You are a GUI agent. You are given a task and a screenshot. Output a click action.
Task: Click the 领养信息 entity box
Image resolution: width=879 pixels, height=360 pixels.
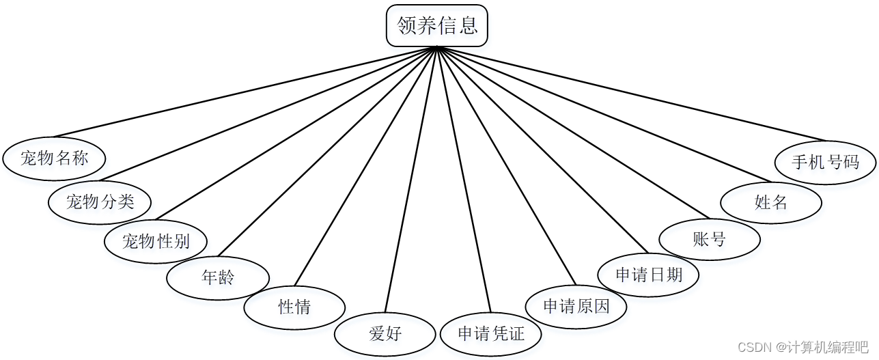(437, 26)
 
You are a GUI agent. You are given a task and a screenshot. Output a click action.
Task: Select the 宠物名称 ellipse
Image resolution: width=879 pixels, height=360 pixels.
(55, 159)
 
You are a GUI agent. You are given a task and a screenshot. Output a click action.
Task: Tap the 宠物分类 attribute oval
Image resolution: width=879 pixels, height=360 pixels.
(100, 201)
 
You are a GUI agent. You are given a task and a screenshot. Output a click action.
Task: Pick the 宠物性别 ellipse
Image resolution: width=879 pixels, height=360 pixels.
(156, 240)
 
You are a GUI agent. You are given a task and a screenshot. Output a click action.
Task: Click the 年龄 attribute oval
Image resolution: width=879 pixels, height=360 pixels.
(218, 277)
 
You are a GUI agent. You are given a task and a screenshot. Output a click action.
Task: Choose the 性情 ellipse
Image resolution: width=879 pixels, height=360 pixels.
(294, 307)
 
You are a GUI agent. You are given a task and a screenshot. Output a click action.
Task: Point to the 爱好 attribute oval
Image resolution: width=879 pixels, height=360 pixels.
(385, 334)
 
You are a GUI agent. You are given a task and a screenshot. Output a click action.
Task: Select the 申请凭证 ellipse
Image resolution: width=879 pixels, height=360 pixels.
(491, 334)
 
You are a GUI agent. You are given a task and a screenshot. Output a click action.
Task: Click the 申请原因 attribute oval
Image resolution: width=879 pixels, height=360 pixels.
(576, 306)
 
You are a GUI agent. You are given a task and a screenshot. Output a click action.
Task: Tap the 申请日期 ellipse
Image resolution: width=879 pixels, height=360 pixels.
(649, 275)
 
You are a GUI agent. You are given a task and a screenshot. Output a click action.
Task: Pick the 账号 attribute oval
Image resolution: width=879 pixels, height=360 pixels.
(710, 239)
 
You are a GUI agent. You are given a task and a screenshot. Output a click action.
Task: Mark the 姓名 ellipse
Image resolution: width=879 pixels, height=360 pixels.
(771, 202)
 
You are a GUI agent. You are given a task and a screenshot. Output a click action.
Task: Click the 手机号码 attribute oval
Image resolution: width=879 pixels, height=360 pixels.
(826, 163)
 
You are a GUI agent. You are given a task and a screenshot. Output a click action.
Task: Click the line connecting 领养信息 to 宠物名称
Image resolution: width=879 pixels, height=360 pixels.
(246, 92)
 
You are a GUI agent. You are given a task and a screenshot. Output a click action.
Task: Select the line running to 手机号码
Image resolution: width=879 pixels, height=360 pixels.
(632, 93)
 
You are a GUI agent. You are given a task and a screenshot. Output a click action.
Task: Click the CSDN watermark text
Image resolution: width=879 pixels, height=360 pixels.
(803, 347)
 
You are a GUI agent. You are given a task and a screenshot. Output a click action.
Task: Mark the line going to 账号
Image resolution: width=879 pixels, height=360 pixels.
(574, 133)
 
